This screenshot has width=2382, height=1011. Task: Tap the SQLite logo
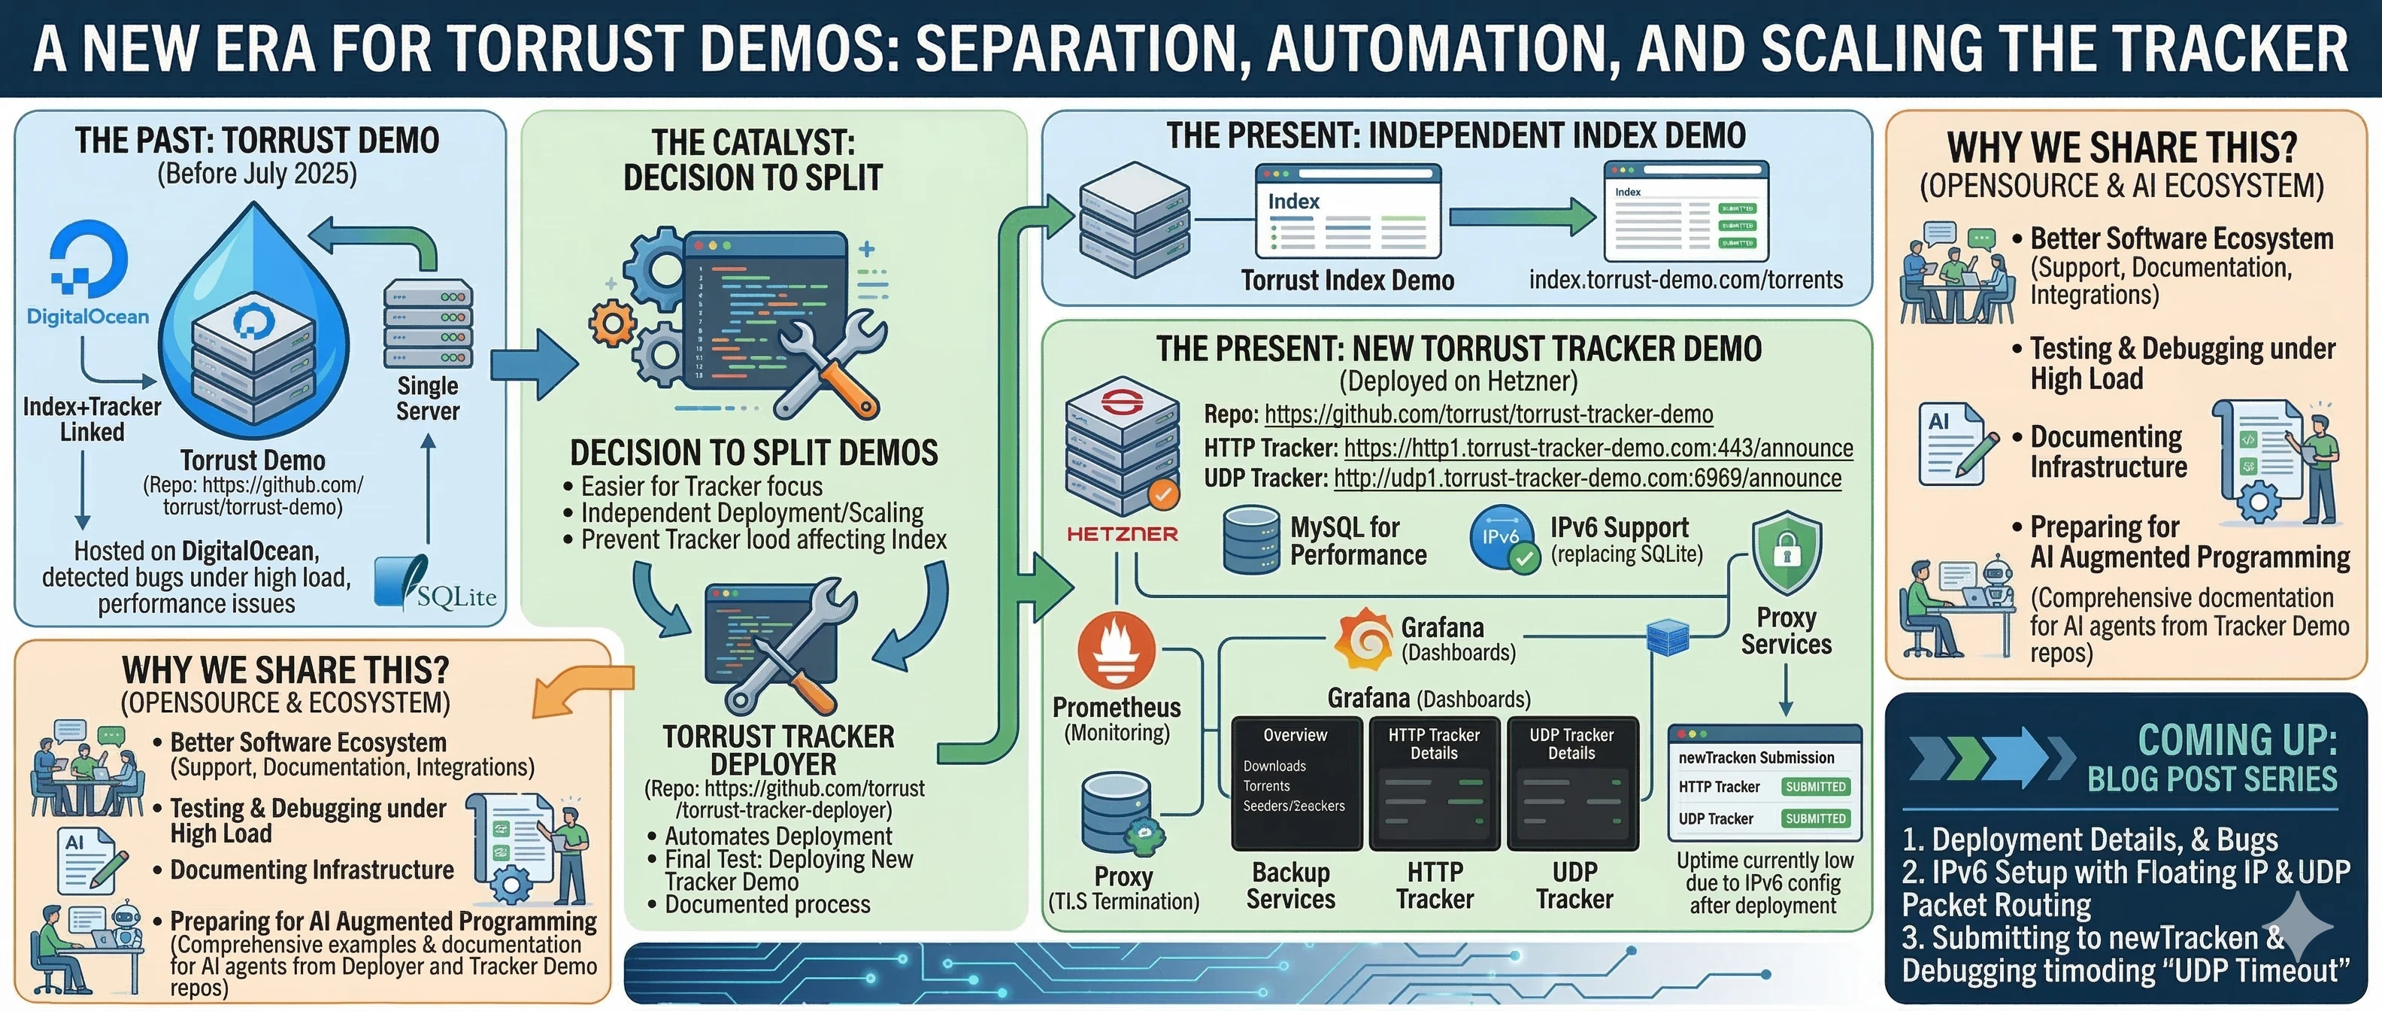(x=435, y=584)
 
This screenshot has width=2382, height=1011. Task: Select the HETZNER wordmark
(x=1122, y=534)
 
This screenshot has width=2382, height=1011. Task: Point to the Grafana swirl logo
(x=1364, y=638)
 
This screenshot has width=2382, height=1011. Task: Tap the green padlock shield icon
(x=1787, y=554)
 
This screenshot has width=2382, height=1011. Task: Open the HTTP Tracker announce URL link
(x=1598, y=448)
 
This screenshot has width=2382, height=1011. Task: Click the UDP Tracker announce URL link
(x=1586, y=478)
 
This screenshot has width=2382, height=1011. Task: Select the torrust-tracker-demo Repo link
(x=1489, y=414)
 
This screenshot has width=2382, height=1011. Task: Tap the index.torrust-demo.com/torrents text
(x=1686, y=279)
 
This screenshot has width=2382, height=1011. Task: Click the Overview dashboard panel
(x=1296, y=782)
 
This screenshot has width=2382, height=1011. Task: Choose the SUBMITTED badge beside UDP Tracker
(x=1815, y=818)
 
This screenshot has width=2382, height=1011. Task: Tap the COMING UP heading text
(x=2237, y=740)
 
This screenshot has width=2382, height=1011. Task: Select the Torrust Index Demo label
(x=1347, y=281)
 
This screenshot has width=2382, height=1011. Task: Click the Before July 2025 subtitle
(x=257, y=174)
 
